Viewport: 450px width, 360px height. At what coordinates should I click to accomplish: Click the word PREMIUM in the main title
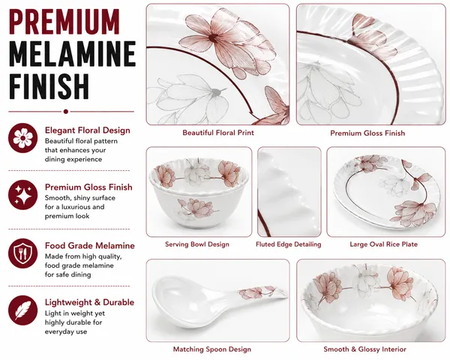64,22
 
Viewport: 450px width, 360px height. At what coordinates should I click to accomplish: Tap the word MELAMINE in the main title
72,54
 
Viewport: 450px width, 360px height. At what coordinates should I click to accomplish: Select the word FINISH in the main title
49,86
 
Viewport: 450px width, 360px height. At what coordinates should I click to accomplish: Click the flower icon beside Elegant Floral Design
23,138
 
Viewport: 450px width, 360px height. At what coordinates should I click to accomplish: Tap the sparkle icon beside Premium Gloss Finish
23,195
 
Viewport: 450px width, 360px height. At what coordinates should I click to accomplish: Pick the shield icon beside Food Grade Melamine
23,253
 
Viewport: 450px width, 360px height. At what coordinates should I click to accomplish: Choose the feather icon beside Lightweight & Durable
23,310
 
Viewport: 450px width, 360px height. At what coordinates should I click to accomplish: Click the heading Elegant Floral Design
88,130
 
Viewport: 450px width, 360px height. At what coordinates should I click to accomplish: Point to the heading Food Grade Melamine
90,246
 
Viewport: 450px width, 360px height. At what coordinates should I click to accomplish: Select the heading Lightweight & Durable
89,302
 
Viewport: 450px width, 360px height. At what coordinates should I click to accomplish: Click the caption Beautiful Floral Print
218,133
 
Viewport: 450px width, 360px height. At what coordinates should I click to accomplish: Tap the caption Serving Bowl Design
197,244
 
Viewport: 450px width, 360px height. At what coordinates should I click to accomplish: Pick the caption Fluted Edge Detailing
289,244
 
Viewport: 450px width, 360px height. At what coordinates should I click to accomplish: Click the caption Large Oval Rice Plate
383,244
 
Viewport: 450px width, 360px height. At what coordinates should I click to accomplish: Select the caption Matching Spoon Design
212,349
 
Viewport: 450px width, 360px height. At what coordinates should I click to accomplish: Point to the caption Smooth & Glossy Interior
364,349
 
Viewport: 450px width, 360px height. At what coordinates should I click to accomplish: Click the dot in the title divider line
66,112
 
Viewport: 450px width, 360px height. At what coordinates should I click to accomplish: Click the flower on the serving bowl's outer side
195,208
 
